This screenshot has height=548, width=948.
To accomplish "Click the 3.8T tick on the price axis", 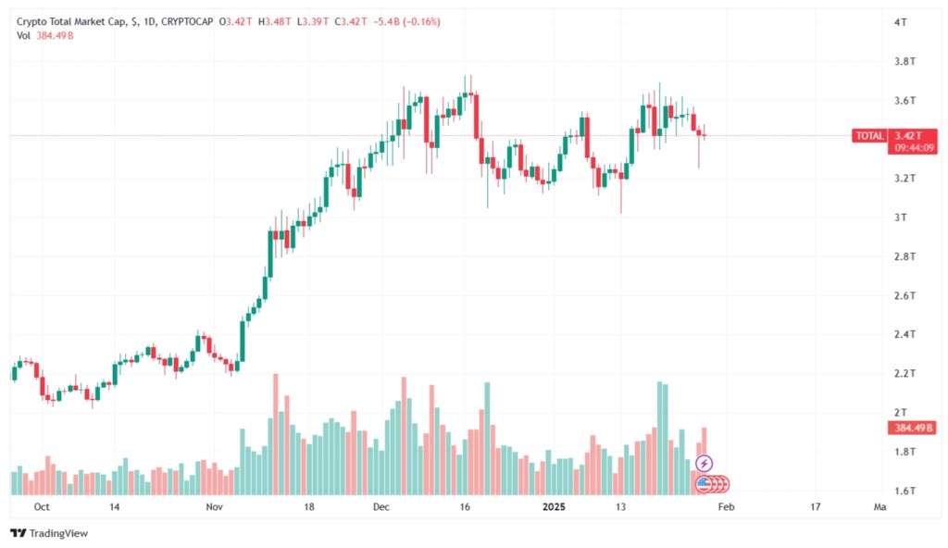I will coord(905,61).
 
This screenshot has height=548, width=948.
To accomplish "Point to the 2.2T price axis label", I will coord(905,373).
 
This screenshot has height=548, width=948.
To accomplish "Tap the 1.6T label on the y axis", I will coord(905,491).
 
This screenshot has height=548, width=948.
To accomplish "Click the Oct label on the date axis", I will coord(41,507).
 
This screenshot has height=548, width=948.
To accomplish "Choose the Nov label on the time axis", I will coord(215,507).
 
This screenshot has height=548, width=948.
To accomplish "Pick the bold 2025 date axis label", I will coord(554,507).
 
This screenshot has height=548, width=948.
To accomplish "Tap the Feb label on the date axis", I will coord(728,507).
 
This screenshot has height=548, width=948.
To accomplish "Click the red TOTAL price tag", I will coord(869,136).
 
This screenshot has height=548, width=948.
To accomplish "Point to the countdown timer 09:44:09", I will coord(914,147).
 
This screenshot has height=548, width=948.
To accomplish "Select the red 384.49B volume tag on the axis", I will coord(913,428).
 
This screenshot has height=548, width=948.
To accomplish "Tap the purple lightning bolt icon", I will coord(704,463).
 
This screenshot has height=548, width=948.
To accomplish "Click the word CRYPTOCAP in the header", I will coord(186,19).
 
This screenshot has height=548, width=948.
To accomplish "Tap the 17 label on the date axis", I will coord(815,507).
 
